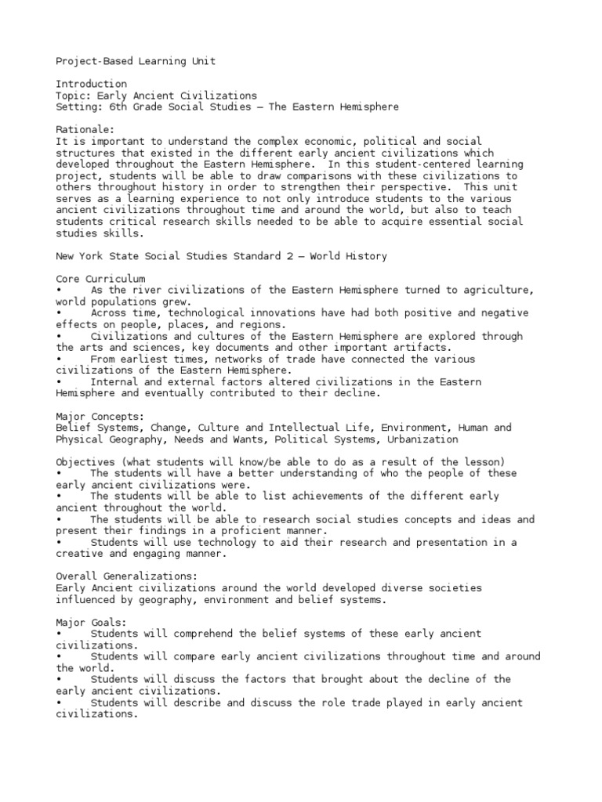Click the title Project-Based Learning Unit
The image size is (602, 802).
click(x=136, y=61)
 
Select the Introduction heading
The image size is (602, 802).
click(x=91, y=84)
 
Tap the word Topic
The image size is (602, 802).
click(x=71, y=96)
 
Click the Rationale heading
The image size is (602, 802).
click(x=85, y=129)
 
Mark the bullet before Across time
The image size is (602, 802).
click(x=60, y=313)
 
